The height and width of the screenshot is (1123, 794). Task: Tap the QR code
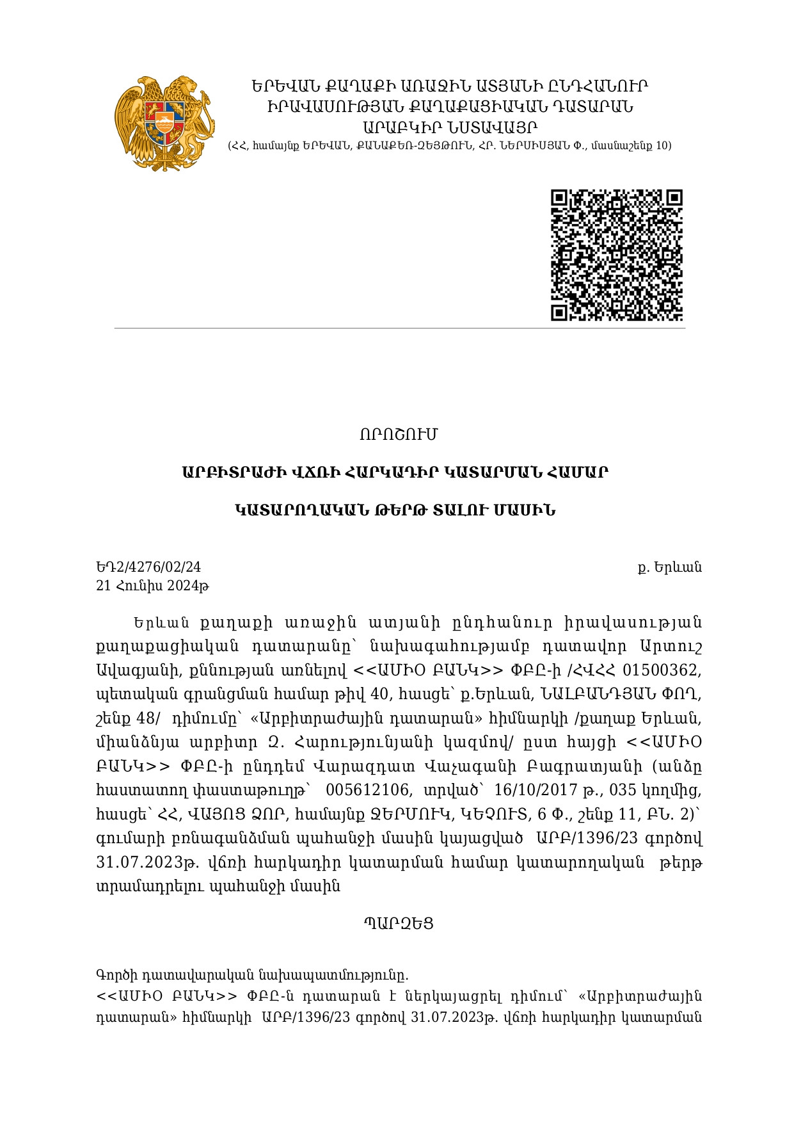click(x=617, y=255)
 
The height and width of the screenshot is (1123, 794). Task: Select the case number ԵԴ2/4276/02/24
click(x=148, y=567)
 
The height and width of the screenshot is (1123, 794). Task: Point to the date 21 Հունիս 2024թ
click(x=153, y=585)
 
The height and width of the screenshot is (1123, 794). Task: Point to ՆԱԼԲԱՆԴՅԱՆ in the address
click(x=597, y=694)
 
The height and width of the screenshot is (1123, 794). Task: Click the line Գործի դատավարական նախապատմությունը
click(x=252, y=975)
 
